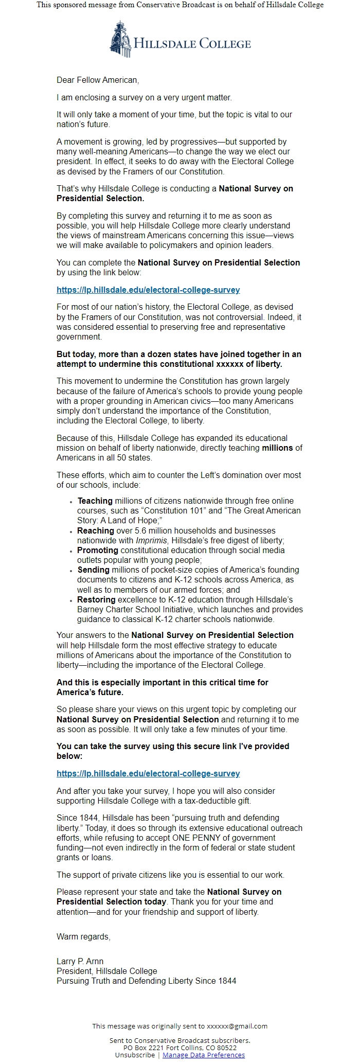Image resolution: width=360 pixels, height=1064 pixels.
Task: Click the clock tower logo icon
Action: pos(120,39)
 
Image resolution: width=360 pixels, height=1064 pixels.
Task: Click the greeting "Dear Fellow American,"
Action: pos(98,80)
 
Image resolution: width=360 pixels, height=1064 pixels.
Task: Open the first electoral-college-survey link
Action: pos(148,290)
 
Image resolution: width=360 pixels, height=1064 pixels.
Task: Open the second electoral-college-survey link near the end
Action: pos(148,773)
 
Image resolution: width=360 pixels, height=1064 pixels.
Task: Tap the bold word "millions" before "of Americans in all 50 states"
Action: pos(277,448)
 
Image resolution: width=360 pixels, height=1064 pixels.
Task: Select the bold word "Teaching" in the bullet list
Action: pos(95,501)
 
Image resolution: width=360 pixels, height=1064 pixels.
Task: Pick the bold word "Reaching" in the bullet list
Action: pos(96,530)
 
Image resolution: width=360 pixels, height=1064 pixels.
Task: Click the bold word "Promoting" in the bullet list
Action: pos(98,551)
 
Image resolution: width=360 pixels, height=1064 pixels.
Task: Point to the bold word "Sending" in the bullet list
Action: pos(94,570)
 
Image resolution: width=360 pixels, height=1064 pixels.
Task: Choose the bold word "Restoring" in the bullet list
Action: pos(96,600)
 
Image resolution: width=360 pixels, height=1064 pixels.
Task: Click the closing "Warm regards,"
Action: pos(83,937)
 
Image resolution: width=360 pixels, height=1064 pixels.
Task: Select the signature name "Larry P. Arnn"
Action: pos(80,962)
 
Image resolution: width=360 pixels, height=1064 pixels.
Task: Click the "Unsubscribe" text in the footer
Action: pos(134,1055)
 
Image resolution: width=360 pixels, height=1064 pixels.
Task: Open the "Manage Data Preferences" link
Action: pos(204,1055)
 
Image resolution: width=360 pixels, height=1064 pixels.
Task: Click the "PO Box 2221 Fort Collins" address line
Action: pos(179,1048)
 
